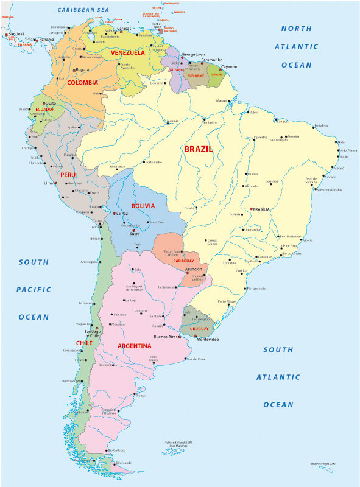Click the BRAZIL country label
(x=198, y=149)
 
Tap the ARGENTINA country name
(x=135, y=346)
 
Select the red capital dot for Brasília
(x=250, y=209)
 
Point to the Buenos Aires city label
(x=166, y=337)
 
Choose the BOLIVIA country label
(x=147, y=206)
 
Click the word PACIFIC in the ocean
(x=34, y=290)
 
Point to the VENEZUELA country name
(x=127, y=52)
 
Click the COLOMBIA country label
(x=83, y=82)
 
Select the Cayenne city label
(x=229, y=67)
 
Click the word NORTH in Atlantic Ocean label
(x=296, y=29)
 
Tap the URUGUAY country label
(x=199, y=328)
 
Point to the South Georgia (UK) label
(x=323, y=464)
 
